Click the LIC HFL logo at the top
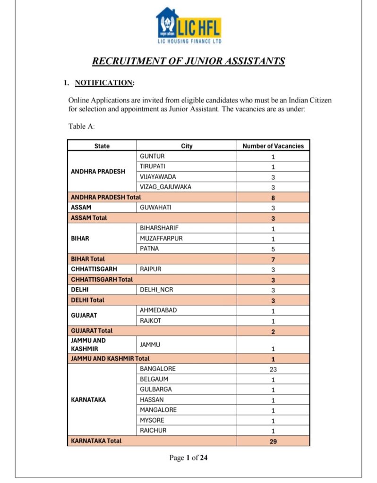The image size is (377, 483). click(x=188, y=26)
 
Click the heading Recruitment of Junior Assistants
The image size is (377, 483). click(x=188, y=61)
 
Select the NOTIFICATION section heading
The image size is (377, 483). click(x=104, y=83)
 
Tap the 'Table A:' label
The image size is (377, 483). click(x=82, y=126)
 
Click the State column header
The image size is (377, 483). click(x=102, y=146)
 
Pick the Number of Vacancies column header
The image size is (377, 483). click(x=273, y=146)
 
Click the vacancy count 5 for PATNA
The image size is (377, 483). click(x=273, y=249)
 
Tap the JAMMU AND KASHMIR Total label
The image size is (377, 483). click(x=110, y=358)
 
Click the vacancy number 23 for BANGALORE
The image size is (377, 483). click(x=273, y=369)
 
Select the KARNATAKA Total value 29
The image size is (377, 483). click(x=273, y=441)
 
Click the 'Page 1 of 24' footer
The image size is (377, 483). click(x=188, y=458)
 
